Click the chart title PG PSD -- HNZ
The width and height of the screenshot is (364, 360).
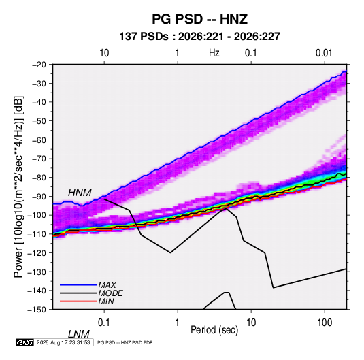pyautogui.click(x=199, y=19)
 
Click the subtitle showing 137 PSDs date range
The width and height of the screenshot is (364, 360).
pyautogui.click(x=199, y=37)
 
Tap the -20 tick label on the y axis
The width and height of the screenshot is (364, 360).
pyautogui.click(x=39, y=65)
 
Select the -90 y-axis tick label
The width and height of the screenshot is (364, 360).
pyautogui.click(x=39, y=196)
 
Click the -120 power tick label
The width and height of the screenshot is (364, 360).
pyautogui.click(x=37, y=252)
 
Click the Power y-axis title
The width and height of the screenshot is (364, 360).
pyautogui.click(x=18, y=187)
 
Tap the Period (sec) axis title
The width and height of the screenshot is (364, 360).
pyautogui.click(x=214, y=330)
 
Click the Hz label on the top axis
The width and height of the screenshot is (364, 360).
pyautogui.click(x=214, y=53)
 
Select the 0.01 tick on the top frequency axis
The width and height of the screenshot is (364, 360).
pyautogui.click(x=324, y=53)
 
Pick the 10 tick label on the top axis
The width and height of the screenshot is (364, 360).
pyautogui.click(x=104, y=53)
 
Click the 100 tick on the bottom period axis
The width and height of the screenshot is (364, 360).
pyautogui.click(x=325, y=323)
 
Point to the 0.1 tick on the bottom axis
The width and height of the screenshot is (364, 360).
pyautogui.click(x=104, y=323)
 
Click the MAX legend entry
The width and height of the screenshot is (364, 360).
pyautogui.click(x=107, y=285)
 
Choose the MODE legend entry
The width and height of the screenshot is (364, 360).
pyautogui.click(x=110, y=293)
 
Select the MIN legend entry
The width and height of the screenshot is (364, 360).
pyautogui.click(x=106, y=301)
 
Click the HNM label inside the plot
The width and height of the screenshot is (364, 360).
pyautogui.click(x=80, y=193)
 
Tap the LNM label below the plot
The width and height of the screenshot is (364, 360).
pyautogui.click(x=79, y=334)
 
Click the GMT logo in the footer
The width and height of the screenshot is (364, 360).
pyautogui.click(x=25, y=342)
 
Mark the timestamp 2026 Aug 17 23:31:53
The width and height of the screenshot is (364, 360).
pyautogui.click(x=63, y=342)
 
